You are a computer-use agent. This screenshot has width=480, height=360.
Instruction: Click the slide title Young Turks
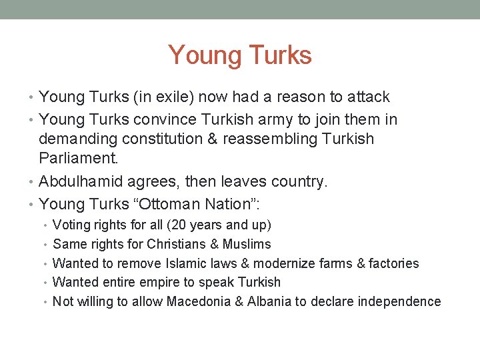(240, 55)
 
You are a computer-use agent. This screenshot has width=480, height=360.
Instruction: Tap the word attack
(368, 97)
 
